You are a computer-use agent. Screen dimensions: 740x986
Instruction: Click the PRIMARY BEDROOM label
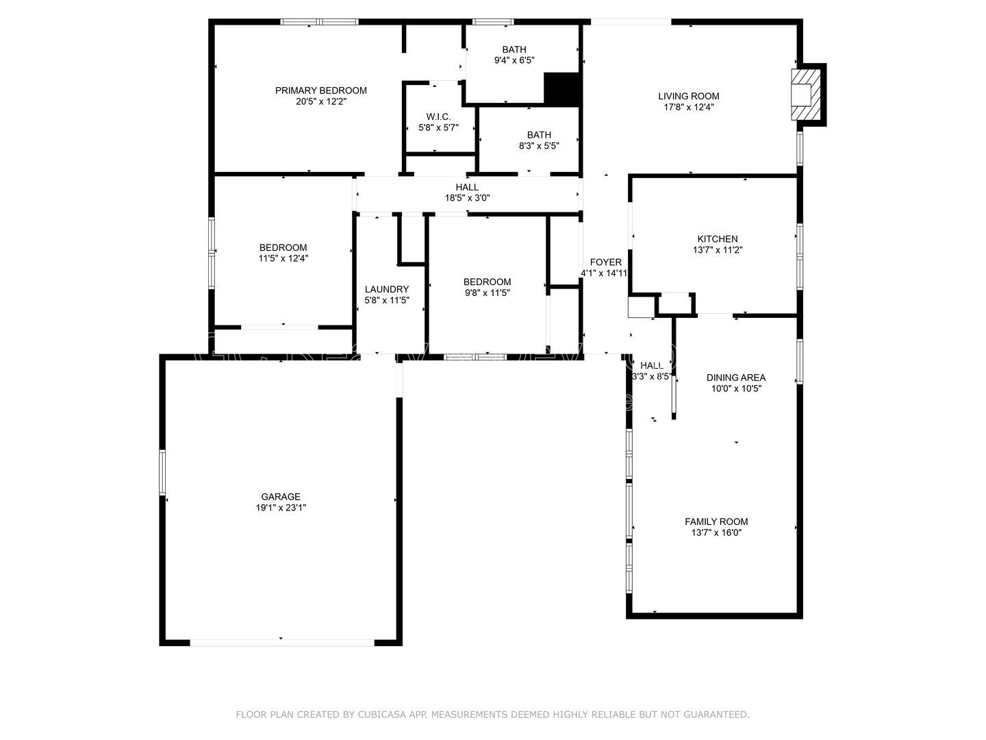[320, 90]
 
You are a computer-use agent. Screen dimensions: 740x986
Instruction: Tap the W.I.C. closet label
[438, 116]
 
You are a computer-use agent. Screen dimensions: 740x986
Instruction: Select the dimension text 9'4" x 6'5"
[514, 60]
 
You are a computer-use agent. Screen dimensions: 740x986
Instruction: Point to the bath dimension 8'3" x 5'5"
[539, 146]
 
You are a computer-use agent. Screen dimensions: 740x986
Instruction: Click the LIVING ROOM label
[689, 96]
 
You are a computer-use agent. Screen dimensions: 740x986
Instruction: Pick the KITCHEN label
[718, 239]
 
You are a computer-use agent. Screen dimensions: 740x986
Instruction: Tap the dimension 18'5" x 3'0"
[467, 198]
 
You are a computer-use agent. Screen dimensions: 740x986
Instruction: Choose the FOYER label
[605, 262]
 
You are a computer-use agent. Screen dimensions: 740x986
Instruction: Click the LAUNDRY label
[387, 289]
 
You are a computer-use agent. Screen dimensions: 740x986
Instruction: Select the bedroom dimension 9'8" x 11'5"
[487, 293]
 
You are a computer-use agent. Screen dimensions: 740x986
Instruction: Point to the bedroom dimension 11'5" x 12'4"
[283, 258]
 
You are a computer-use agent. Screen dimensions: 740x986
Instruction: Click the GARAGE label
[281, 497]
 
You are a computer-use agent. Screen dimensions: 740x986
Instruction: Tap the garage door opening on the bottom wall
[281, 643]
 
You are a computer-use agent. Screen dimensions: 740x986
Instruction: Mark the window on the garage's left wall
[163, 472]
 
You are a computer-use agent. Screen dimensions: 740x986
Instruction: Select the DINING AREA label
[736, 378]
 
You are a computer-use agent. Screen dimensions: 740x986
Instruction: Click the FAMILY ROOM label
[716, 521]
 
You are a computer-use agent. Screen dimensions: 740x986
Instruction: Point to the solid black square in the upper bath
[561, 88]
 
